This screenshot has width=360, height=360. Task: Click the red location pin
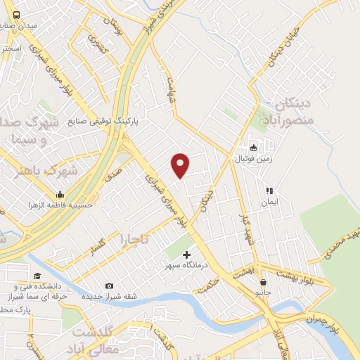pyautogui.click(x=181, y=164)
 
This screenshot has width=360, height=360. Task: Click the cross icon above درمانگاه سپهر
pyautogui.click(x=186, y=255)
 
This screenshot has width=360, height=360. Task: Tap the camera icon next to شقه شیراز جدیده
pyautogui.click(x=109, y=285)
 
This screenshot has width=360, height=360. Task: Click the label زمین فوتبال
pyautogui.click(x=252, y=159)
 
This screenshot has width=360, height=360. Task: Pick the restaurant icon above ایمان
pyautogui.click(x=268, y=191)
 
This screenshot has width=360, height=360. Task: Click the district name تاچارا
pyautogui.click(x=135, y=239)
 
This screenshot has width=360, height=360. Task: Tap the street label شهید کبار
pyautogui.click(x=245, y=229)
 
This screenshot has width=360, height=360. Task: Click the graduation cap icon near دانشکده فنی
pyautogui.click(x=37, y=276)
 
